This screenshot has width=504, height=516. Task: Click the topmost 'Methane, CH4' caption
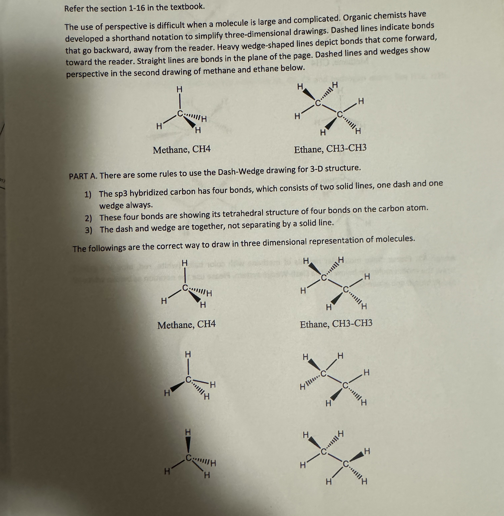click(x=182, y=150)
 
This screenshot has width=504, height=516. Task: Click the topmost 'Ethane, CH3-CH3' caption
click(x=330, y=149)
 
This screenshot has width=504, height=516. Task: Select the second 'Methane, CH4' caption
click(x=186, y=325)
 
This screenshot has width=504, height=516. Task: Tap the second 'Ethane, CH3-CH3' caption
click(x=336, y=323)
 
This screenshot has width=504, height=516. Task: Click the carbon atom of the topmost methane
click(x=180, y=114)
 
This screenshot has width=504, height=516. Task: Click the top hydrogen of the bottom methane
click(x=188, y=432)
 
